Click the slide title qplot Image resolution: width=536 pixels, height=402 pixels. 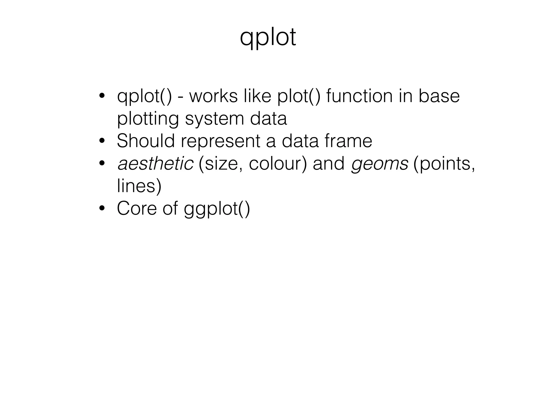coord(268,38)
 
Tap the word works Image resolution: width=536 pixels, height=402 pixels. coord(213,96)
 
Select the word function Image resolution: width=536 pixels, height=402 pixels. coord(359,96)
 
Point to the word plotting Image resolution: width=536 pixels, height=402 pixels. coord(148,119)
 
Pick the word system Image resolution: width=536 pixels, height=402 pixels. coord(214,119)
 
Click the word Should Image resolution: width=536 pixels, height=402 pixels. coord(146,141)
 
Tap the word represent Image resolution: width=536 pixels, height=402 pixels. coord(220,142)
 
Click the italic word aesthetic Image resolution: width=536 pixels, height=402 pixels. coord(155,164)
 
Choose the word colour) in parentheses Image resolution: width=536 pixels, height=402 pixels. coord(278,164)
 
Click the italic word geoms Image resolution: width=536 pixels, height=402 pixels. coord(379,164)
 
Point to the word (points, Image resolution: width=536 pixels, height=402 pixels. coord(444,164)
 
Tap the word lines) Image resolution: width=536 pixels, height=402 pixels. coord(139,186)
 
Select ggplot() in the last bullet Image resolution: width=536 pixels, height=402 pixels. coord(217,209)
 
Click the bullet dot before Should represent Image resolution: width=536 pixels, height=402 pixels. coord(102,142)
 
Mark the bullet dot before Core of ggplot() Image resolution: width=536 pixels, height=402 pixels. coord(102,209)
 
